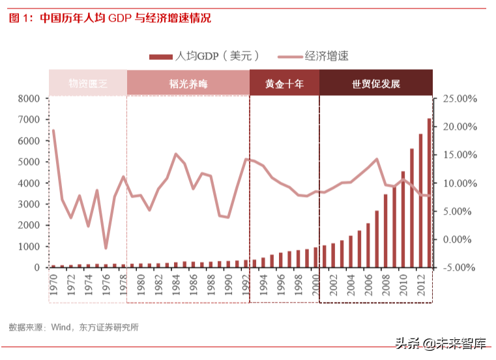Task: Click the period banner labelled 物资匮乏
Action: tap(87, 84)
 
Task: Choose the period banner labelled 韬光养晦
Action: tap(188, 84)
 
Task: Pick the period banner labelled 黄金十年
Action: tap(284, 84)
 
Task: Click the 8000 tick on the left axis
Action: tap(29, 98)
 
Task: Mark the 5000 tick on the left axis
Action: tap(29, 162)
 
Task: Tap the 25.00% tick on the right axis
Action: tap(460, 98)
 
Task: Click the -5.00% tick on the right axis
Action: tap(461, 267)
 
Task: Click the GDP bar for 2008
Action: tap(385, 231)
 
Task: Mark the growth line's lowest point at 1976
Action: tap(106, 248)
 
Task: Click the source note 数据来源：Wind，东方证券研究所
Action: tap(73, 327)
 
